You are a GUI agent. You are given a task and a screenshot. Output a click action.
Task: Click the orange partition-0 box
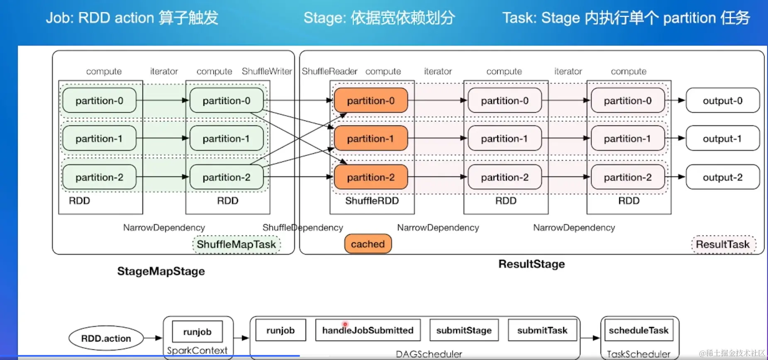pos(371,100)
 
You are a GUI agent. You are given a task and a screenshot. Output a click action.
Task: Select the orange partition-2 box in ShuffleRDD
pos(371,177)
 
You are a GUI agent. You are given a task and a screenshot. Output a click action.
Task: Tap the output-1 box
pos(722,139)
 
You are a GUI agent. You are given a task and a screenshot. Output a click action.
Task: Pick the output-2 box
pos(722,177)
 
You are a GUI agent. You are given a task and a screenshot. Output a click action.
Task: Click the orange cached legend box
pos(368,244)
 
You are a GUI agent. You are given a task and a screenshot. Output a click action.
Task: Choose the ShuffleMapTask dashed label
pos(236,244)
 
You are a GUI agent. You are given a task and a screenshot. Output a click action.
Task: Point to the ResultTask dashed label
pos(723,244)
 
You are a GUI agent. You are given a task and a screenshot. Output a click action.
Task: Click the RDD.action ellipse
pos(106,338)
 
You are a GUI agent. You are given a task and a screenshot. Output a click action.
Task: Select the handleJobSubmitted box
pos(368,330)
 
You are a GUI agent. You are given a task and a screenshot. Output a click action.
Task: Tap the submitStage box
pos(463,330)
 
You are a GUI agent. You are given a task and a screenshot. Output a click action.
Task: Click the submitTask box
pos(542,330)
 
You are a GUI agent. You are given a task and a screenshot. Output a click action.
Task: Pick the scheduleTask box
pos(639,330)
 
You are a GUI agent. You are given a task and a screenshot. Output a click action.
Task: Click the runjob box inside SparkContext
pos(197,331)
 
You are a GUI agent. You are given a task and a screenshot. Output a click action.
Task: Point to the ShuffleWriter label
pos(267,71)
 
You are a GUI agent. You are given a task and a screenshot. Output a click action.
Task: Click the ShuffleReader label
pos(329,71)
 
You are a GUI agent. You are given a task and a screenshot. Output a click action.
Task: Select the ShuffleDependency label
pos(302,228)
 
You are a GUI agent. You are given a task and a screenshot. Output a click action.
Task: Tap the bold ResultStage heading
pos(532,264)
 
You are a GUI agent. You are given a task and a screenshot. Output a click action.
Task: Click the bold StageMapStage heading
pos(161,271)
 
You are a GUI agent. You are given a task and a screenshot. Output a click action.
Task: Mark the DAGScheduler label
pos(429,354)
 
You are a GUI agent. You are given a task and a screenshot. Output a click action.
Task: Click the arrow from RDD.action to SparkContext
pos(153,338)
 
